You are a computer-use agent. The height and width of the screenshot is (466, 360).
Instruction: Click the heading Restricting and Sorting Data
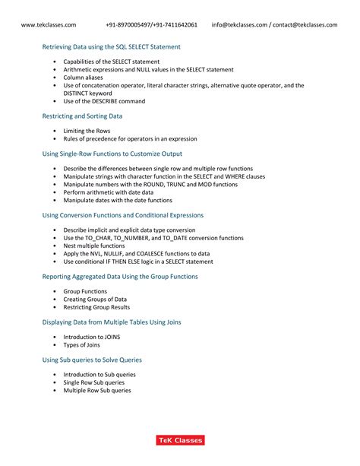(82, 116)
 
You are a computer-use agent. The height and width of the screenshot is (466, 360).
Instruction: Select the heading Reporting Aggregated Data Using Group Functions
(119, 277)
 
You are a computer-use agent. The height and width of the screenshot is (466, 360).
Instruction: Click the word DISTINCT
(78, 94)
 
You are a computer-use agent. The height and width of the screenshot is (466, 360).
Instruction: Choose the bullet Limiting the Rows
(87, 131)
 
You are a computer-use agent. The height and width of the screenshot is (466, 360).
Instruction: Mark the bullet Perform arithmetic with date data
(108, 193)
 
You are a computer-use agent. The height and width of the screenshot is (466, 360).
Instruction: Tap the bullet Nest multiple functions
(95, 246)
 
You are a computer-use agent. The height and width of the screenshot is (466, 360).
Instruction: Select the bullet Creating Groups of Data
(95, 300)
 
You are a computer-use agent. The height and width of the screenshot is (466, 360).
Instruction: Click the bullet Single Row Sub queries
(93, 382)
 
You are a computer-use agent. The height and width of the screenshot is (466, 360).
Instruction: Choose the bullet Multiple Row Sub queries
(96, 391)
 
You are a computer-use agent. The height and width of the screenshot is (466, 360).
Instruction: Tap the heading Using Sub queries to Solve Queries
(92, 360)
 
